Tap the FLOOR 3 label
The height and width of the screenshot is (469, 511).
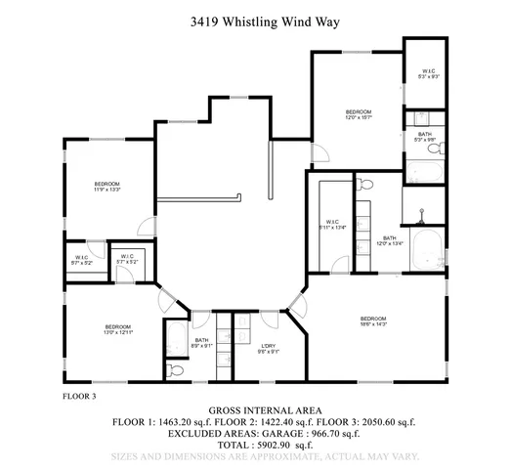click(79, 398)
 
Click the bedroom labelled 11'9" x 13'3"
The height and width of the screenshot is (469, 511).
click(106, 188)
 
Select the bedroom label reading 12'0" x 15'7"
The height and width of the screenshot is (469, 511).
click(359, 116)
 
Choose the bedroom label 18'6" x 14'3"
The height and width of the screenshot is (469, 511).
click(372, 322)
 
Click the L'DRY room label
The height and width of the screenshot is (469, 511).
click(268, 348)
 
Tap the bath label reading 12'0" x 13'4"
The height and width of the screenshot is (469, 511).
click(390, 240)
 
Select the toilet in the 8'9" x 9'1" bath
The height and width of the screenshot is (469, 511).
click(176, 370)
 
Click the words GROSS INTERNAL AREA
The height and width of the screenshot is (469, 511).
click(254, 409)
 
